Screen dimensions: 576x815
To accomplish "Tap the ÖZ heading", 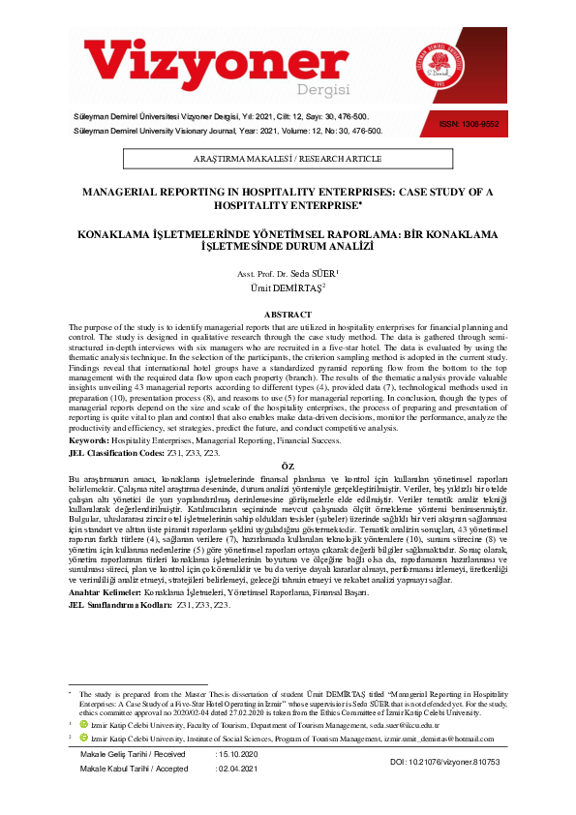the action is coord(288,466).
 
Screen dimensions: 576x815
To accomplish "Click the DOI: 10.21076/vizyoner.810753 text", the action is coord(444,763).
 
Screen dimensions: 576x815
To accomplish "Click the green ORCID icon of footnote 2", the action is coord(84,738).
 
